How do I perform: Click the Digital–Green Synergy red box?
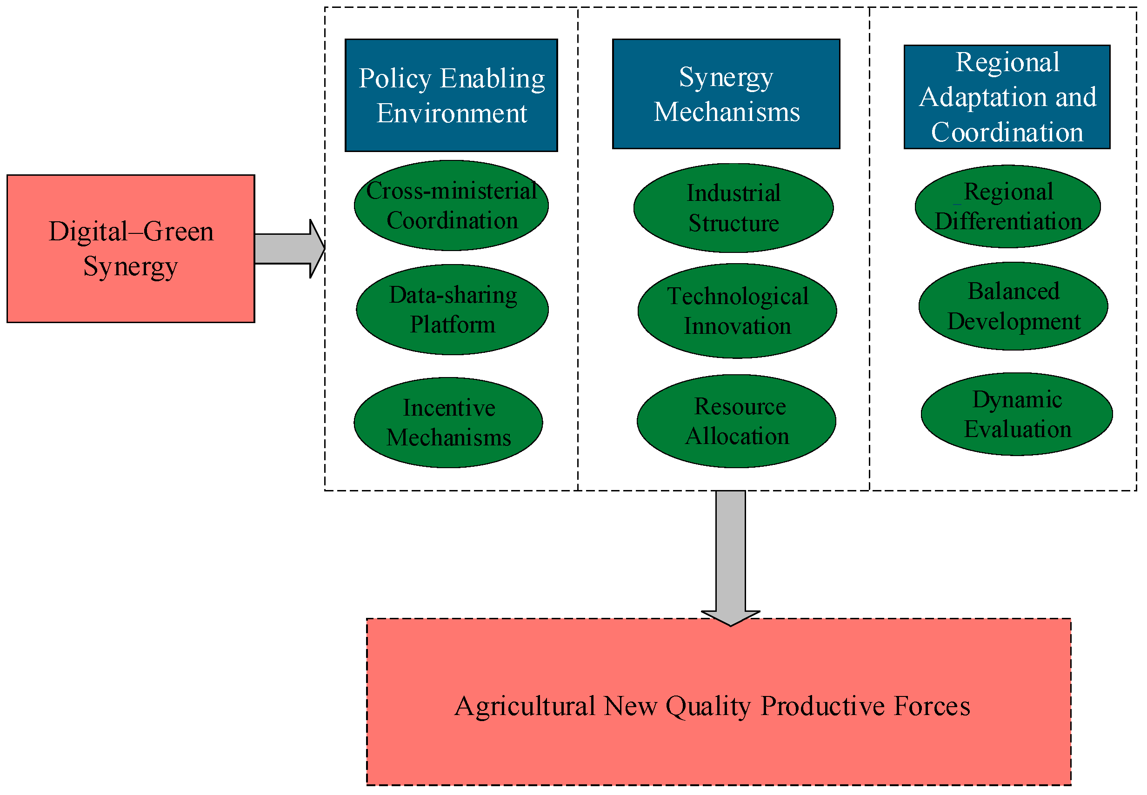click(x=131, y=248)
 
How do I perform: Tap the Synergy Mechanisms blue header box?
click(x=726, y=93)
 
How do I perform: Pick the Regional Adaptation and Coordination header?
click(x=1007, y=97)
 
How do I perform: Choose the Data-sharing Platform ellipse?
click(x=452, y=309)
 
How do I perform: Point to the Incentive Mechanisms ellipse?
click(x=448, y=422)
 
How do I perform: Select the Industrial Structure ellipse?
click(x=733, y=208)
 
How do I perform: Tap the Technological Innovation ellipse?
click(x=736, y=311)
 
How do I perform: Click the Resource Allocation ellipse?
click(x=736, y=421)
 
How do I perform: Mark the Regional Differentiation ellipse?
click(x=1007, y=206)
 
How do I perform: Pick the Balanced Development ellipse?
click(x=1013, y=306)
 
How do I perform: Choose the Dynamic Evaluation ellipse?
click(x=1016, y=413)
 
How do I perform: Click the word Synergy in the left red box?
click(x=131, y=266)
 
